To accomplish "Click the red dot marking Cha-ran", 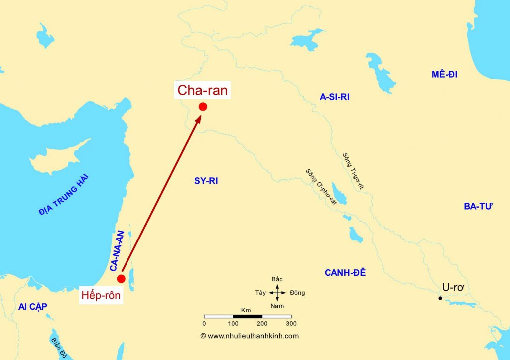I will point(203,106).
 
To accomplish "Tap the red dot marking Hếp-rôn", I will point(121,278).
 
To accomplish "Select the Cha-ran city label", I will point(202,91).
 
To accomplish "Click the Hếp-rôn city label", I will point(101,295).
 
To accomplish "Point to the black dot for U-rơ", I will point(440,298).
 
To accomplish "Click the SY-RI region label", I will point(206,181).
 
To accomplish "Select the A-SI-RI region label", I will point(334,97).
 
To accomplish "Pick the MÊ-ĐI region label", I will point(444,75).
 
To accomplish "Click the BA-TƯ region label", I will point(478,207).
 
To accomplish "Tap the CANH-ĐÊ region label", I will point(345,273).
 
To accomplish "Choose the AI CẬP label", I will point(33,307).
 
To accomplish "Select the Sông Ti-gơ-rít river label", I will point(353,171).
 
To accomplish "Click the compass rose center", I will point(277,293).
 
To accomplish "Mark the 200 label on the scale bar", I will point(262,323).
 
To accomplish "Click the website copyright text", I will point(250,336).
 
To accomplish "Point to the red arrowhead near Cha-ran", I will point(199,120).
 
